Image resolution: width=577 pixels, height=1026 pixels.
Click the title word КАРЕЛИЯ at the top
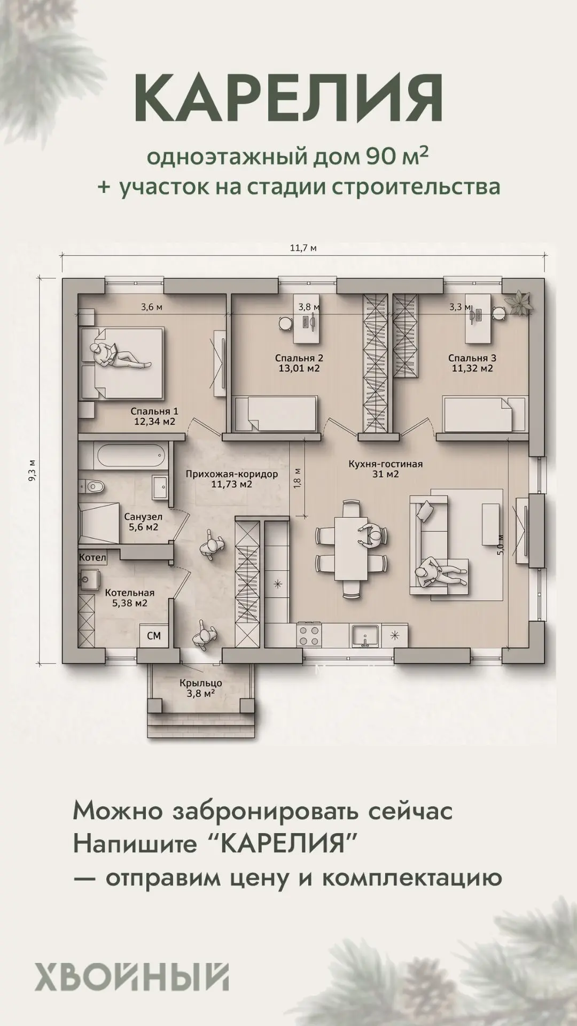288,98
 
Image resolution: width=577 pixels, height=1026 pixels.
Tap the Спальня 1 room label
154,411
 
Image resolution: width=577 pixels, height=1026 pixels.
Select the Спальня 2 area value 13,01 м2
299,368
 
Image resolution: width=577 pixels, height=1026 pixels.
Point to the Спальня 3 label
472,358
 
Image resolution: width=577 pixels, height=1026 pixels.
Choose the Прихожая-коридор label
232,474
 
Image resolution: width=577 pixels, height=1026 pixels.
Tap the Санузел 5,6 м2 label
143,522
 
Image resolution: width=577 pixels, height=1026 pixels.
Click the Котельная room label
129,593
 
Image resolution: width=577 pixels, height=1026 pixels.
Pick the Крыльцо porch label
200,683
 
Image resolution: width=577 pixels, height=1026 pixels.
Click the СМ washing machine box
154,636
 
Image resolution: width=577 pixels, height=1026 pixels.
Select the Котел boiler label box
93,557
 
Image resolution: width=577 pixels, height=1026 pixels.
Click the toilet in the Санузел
91,486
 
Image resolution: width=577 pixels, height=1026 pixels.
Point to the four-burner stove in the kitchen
309,636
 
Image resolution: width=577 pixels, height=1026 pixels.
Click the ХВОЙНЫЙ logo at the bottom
132,976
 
